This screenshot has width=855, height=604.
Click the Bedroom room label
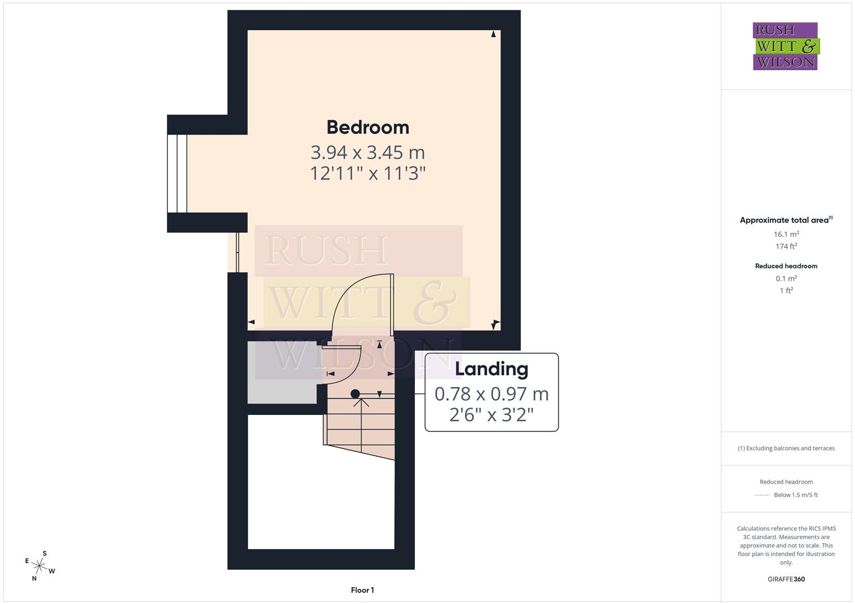(x=368, y=127)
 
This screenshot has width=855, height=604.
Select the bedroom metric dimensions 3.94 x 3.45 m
(x=368, y=152)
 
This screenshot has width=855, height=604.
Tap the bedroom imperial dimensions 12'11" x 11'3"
(x=368, y=173)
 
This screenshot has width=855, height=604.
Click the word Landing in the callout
(x=491, y=369)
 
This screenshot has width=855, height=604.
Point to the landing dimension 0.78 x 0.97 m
(x=491, y=394)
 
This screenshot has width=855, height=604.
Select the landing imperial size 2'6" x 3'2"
(x=491, y=414)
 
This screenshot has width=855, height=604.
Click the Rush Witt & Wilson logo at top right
(x=785, y=46)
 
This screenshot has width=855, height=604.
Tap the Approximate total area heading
(x=785, y=220)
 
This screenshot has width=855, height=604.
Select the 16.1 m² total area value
(x=786, y=234)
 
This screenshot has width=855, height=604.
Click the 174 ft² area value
(x=786, y=246)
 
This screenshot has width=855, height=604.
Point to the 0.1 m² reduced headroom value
(x=786, y=279)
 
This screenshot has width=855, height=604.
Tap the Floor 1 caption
(x=362, y=590)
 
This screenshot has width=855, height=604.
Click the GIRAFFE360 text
(x=786, y=579)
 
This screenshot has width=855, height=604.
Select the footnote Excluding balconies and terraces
(x=786, y=448)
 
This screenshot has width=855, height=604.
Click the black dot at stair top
(x=355, y=394)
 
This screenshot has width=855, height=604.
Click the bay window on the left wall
(x=177, y=173)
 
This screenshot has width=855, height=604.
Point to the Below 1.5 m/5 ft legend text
(x=795, y=495)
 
